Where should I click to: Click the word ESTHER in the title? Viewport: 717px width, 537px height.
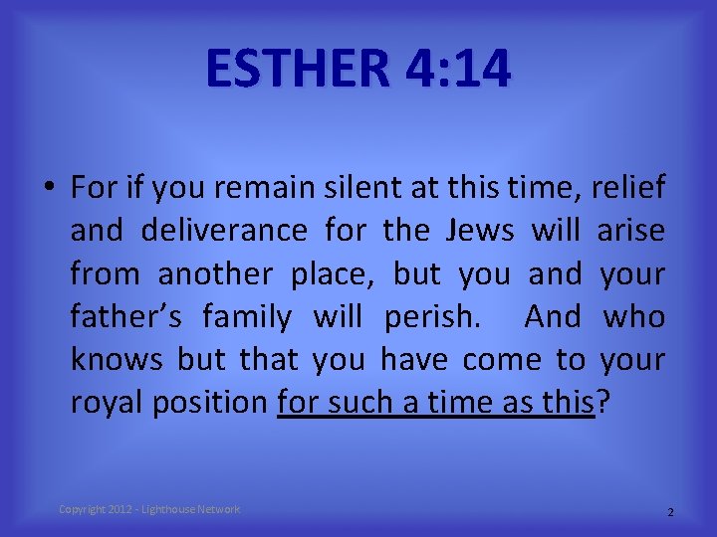[x=298, y=69]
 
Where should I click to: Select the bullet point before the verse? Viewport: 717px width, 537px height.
[x=49, y=188]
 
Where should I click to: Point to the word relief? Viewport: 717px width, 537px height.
[x=628, y=187]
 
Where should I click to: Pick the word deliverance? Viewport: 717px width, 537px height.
[x=224, y=231]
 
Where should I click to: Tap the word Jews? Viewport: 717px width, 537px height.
[x=478, y=231]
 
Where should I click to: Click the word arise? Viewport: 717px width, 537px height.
[x=631, y=231]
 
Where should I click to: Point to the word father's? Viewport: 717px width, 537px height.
[x=125, y=317]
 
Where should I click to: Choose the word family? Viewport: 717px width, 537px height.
[x=247, y=317]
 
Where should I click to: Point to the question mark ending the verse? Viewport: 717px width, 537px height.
[x=600, y=403]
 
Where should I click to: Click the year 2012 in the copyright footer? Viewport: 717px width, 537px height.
[x=121, y=509]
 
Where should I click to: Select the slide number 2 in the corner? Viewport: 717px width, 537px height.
[x=670, y=512]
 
